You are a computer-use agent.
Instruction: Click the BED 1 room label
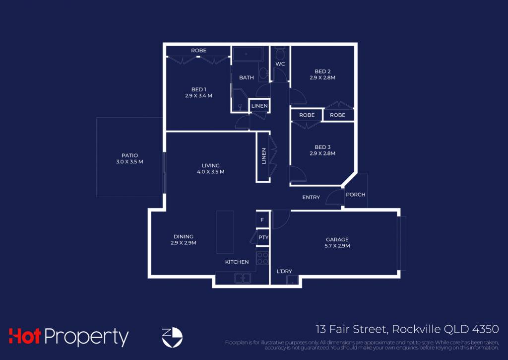pos(198,89)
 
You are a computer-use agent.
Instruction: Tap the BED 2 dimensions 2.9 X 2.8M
pos(322,78)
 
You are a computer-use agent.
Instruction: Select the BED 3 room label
pos(322,147)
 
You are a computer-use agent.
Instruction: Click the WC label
pos(280,64)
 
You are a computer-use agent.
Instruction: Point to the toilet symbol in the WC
pos(280,53)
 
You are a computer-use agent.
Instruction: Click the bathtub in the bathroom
pos(247,54)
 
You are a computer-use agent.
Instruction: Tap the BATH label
pos(246,78)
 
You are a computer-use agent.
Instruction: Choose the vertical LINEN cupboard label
pos(264,156)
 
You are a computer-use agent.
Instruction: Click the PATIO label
pos(129,156)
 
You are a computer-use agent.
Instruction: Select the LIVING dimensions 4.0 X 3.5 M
pos(210,172)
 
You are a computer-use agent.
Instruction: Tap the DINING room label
pos(184,237)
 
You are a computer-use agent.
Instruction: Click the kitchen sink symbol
pos(243,278)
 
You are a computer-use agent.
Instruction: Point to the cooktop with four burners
pos(262,258)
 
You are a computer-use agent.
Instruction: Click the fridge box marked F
pos(262,220)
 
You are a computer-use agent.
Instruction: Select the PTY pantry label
pos(263,237)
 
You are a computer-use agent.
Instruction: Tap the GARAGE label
pos(337,240)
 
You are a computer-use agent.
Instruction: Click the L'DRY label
pos(284,272)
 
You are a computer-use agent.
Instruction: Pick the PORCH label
pos(355,195)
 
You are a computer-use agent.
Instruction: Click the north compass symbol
pos(172,337)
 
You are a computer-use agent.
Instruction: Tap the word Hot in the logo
pos(25,336)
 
